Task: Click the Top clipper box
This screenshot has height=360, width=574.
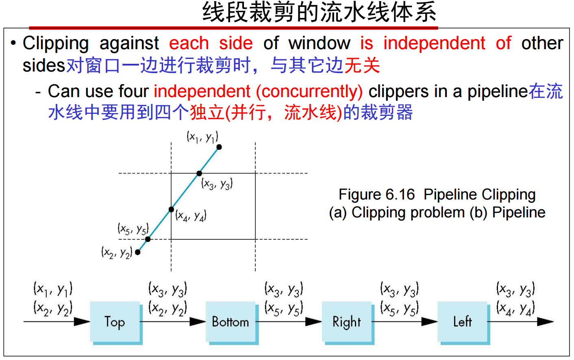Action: pyautogui.click(x=115, y=322)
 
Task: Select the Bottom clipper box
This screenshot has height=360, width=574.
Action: pyautogui.click(x=230, y=322)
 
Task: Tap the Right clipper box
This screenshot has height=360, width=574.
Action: pyautogui.click(x=346, y=322)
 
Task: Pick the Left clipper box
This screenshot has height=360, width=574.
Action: pyautogui.click(x=462, y=322)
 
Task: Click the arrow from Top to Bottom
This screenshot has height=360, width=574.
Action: pyautogui.click(x=173, y=322)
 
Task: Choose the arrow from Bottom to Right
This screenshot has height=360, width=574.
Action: pyautogui.click(x=289, y=322)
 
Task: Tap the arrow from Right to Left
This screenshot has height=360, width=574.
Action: pyautogui.click(x=404, y=322)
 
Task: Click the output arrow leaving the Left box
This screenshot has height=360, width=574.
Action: pyautogui.click(x=520, y=322)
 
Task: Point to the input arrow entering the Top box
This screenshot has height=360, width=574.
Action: pyautogui.click(x=57, y=322)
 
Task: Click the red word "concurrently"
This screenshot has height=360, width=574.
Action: pyautogui.click(x=309, y=92)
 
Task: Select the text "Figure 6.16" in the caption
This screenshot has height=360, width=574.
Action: pyautogui.click(x=377, y=195)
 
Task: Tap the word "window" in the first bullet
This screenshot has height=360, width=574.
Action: pyautogui.click(x=319, y=43)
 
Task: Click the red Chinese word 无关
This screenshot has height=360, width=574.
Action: pyautogui.click(x=362, y=65)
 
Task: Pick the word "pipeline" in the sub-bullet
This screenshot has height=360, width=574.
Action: pyautogui.click(x=498, y=92)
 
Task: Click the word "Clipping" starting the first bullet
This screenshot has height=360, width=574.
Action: pyautogui.click(x=56, y=43)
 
